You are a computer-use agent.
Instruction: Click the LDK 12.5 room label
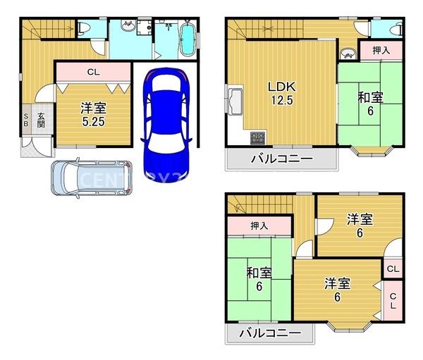(279, 93)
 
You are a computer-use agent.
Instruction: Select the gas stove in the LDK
(255, 135)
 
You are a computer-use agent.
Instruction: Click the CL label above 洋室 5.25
(93, 71)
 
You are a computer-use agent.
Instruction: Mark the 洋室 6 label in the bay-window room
(337, 290)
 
